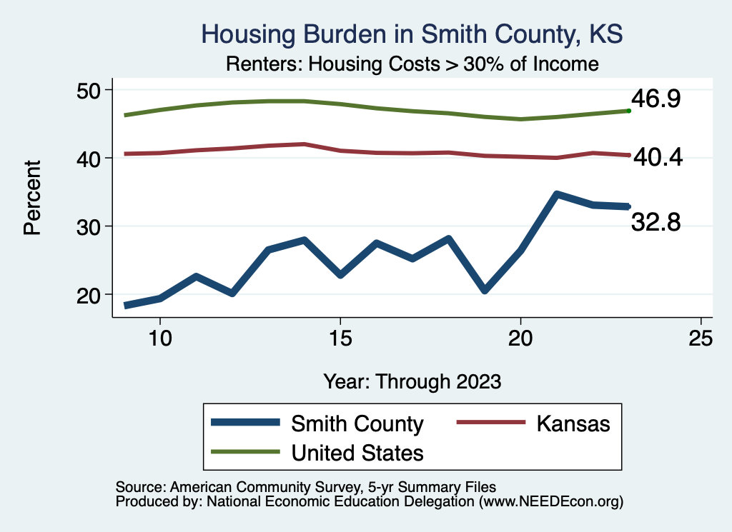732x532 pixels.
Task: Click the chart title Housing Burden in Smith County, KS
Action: [x=412, y=34]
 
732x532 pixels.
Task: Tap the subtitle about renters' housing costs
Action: [x=412, y=64]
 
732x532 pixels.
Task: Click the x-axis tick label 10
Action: [x=160, y=338]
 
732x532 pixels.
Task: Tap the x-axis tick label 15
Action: [x=340, y=338]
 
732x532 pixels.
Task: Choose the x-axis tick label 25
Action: [x=701, y=338]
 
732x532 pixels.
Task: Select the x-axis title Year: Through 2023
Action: [x=412, y=381]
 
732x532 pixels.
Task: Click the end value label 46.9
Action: [x=654, y=99]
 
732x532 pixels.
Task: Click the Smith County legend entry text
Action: [x=357, y=423]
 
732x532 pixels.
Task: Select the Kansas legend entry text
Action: [x=573, y=423]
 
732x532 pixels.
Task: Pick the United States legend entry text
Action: [x=357, y=452]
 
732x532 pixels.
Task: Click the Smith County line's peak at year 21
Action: [x=556, y=194]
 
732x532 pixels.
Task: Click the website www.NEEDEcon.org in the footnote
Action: [x=550, y=502]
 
